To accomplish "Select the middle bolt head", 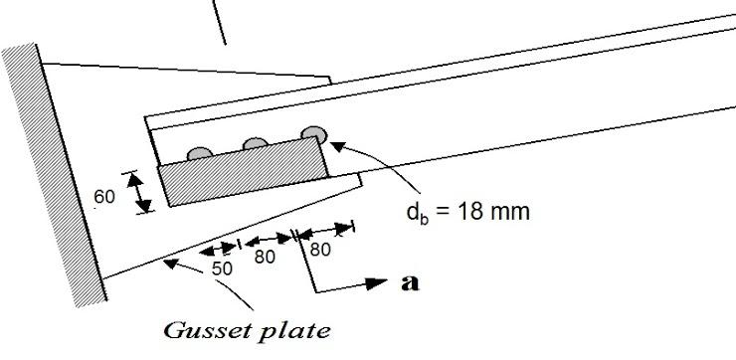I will (256, 143).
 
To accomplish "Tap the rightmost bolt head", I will (314, 132).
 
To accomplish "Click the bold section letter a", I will (407, 282).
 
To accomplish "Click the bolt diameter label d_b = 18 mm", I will (462, 212).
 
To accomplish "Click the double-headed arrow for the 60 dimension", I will (143, 190).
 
